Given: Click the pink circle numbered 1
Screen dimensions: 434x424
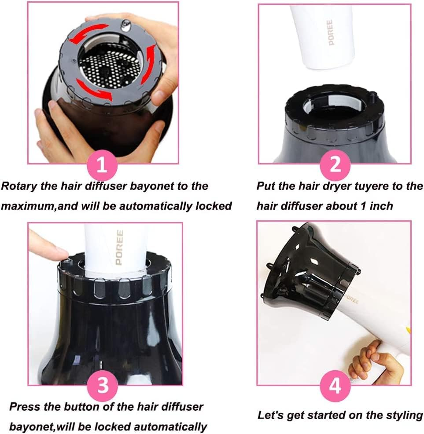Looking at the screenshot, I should point(102,165).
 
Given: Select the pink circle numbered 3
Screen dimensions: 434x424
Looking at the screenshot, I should point(102,386).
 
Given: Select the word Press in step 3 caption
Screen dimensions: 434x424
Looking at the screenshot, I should point(25,406).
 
